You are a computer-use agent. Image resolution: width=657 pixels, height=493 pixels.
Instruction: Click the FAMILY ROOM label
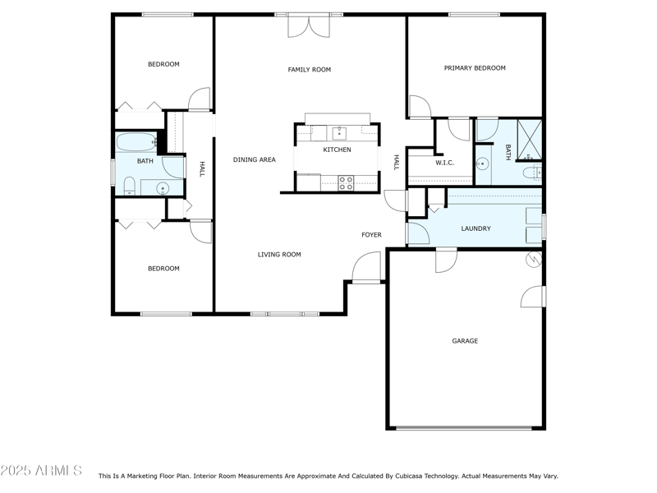coord(309,70)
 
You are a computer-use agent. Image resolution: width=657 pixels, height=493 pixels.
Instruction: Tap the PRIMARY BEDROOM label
coord(475,68)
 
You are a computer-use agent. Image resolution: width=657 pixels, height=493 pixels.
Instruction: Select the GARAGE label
coord(464,341)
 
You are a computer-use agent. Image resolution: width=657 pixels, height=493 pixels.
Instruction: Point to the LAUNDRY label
coord(476,228)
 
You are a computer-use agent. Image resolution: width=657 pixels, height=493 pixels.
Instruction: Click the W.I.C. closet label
coord(444,163)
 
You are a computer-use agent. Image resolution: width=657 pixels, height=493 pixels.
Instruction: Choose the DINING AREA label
coord(254,159)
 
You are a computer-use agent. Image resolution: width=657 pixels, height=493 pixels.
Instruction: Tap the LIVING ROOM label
coord(279,255)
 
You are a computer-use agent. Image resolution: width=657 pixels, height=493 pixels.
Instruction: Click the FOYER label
coord(371,235)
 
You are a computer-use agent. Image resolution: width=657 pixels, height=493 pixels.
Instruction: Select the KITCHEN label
coord(337,150)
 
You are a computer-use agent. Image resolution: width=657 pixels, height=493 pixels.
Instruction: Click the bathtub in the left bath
coord(136,142)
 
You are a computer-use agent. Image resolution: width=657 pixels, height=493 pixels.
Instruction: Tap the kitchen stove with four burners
coord(346,182)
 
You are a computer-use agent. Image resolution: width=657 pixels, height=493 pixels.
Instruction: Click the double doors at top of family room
coord(309,25)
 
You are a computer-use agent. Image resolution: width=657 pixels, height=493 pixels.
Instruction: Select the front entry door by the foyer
coord(367,268)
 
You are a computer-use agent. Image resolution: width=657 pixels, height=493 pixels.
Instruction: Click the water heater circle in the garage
coord(534,260)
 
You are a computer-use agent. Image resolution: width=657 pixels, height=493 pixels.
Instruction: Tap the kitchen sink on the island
coord(339,132)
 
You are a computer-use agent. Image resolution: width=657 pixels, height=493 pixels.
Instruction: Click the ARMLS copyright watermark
coord(41,471)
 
